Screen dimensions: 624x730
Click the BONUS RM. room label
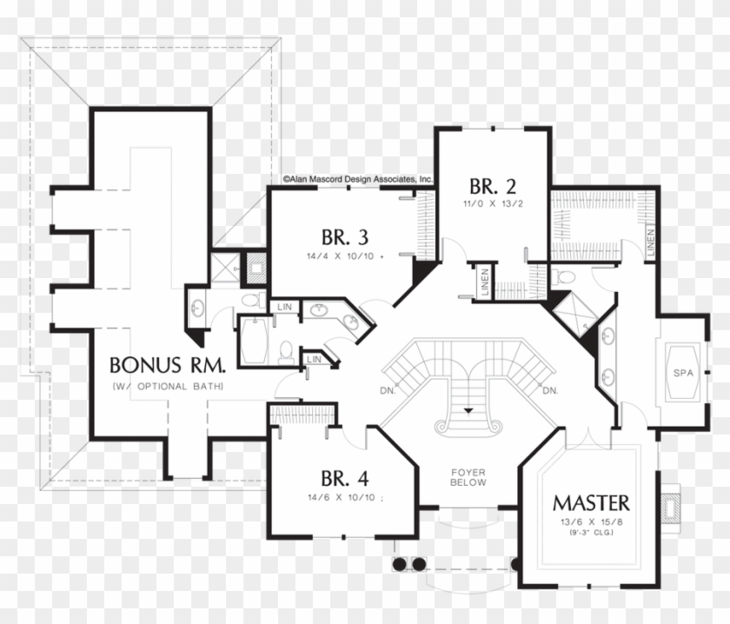tap(169, 364)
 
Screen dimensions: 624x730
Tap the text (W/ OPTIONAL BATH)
tap(168, 386)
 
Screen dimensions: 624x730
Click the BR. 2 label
tap(493, 186)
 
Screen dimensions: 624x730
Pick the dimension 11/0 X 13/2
tap(493, 203)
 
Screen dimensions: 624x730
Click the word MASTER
tap(591, 503)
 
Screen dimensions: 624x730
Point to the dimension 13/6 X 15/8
tap(591, 522)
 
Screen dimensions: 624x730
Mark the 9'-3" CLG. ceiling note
tap(591, 533)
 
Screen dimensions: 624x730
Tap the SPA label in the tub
tap(684, 373)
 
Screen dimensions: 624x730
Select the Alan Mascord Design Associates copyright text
tap(357, 178)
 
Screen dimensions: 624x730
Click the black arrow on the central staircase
tap(469, 409)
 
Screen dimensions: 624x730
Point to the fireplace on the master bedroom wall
tap(670, 505)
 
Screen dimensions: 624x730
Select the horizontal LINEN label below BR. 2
tap(485, 282)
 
